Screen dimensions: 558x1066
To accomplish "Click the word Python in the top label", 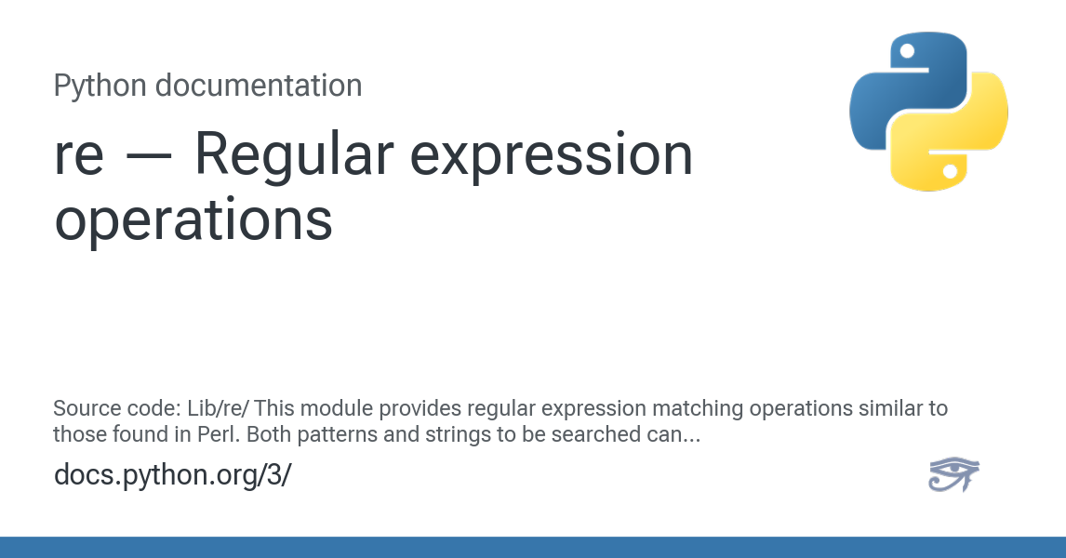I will click(x=100, y=86).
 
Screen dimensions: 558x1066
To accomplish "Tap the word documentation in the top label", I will click(x=258, y=86).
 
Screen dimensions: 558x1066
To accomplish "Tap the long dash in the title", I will click(x=148, y=156).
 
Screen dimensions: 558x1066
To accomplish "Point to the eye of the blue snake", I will click(x=907, y=51).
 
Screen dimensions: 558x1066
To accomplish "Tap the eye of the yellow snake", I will click(x=950, y=171).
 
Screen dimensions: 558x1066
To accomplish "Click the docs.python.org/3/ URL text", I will click(x=172, y=474).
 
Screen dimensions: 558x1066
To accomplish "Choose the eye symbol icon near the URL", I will click(x=953, y=474).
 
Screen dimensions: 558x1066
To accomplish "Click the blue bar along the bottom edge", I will click(x=533, y=548).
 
